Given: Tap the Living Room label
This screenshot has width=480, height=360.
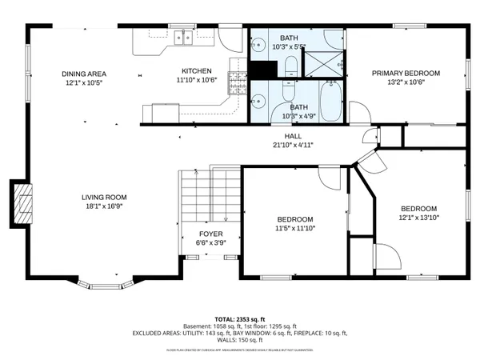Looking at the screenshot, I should (104, 198).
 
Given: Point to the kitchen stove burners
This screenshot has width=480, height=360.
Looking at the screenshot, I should (236, 79).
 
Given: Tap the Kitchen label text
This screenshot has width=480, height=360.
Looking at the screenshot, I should (196, 70).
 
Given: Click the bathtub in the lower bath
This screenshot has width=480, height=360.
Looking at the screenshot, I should (332, 102).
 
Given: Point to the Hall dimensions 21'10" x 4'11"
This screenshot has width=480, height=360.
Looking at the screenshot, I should (294, 146).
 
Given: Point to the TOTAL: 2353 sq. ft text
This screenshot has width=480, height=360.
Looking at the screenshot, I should (240, 318).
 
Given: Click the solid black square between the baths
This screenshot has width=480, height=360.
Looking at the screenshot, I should (261, 70).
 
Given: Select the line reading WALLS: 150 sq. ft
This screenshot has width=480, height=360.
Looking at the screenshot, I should (240, 339).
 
